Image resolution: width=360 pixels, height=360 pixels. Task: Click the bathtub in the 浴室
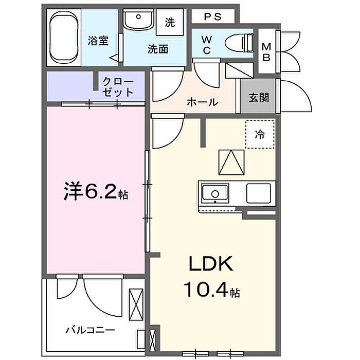[x=64, y=38]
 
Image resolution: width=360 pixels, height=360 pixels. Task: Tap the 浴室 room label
[x=98, y=41]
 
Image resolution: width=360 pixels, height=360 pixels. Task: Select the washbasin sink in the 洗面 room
[x=138, y=20]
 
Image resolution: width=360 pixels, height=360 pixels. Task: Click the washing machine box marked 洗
[x=170, y=22]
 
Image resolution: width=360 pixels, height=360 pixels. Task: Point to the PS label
[x=213, y=16]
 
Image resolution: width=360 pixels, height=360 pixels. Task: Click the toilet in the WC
[x=239, y=43]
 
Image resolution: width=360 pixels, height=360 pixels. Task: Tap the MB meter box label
[x=266, y=52]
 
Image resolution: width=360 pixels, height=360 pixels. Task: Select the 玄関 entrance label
[x=259, y=98]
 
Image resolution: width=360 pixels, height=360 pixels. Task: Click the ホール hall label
[x=202, y=102]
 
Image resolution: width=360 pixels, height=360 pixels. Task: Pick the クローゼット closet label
[x=118, y=87]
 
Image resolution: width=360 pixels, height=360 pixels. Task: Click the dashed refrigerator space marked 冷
[x=260, y=134]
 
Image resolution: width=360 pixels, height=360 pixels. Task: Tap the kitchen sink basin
[x=215, y=193]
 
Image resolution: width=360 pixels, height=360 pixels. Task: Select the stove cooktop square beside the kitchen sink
[x=259, y=193]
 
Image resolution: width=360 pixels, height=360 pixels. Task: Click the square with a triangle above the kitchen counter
[x=231, y=162]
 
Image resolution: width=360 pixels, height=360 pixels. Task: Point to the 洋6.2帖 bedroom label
[x=96, y=191]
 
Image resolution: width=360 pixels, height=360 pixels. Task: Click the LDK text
[x=211, y=264]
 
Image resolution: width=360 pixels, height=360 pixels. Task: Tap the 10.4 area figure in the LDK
[x=206, y=290]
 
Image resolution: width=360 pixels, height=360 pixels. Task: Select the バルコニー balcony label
[x=90, y=330]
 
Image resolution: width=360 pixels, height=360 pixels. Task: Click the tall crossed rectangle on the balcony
[x=136, y=304]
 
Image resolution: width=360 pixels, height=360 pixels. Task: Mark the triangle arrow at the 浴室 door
[x=114, y=58]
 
